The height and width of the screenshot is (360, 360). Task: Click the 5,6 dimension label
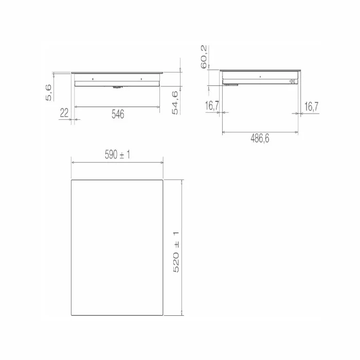point(49,93)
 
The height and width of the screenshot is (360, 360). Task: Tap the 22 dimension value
point(64,113)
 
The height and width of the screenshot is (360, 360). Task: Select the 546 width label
point(118,114)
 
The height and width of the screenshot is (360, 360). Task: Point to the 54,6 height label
point(175,103)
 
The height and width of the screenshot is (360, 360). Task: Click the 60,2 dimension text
point(204,57)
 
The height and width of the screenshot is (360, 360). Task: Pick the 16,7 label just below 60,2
point(212,105)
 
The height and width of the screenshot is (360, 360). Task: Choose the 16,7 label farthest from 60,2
point(311,106)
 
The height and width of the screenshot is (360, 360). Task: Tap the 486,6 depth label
point(260,138)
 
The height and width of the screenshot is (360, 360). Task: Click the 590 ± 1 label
point(117,154)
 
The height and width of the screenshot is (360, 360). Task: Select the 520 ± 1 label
point(176,252)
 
